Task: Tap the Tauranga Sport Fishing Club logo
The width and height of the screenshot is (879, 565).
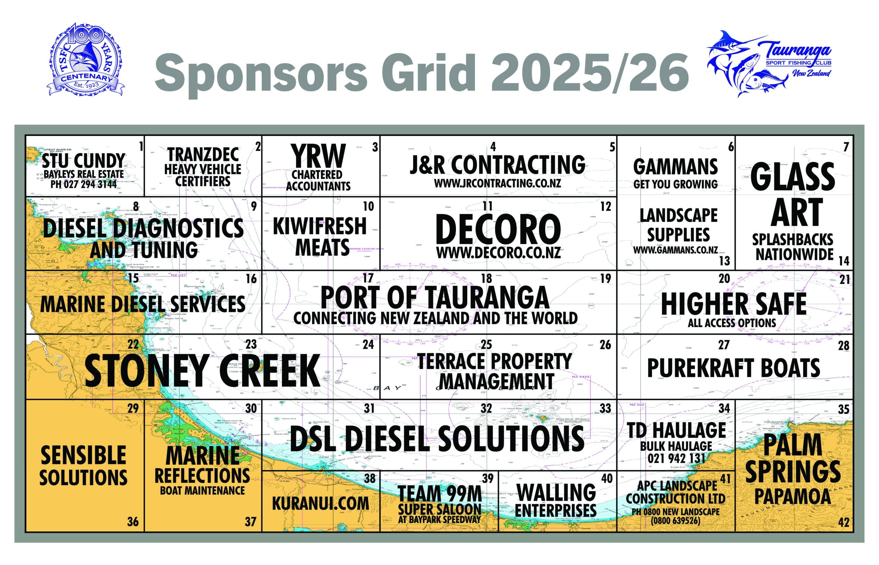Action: click(x=768, y=63)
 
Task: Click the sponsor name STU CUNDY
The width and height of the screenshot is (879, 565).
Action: click(x=84, y=161)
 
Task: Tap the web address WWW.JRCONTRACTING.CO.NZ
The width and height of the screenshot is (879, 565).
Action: click(x=497, y=183)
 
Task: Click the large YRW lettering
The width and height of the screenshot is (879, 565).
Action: click(x=318, y=156)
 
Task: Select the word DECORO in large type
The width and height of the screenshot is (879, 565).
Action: click(x=498, y=230)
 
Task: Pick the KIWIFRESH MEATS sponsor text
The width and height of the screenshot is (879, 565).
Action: click(x=320, y=237)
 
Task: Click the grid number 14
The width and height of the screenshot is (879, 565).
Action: click(x=844, y=261)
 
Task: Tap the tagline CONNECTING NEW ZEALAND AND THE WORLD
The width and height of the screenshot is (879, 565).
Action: click(x=435, y=318)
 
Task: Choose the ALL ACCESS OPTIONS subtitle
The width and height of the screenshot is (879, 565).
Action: click(x=732, y=323)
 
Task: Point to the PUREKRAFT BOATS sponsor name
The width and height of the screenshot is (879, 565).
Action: click(x=733, y=368)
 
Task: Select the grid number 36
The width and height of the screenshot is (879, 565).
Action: click(x=133, y=521)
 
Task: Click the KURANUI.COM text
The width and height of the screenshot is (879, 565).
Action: click(x=320, y=503)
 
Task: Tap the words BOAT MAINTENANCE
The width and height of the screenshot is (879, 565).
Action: click(x=202, y=491)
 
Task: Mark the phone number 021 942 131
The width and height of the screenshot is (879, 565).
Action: click(x=676, y=458)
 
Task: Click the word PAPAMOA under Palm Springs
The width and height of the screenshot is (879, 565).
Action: click(x=792, y=497)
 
